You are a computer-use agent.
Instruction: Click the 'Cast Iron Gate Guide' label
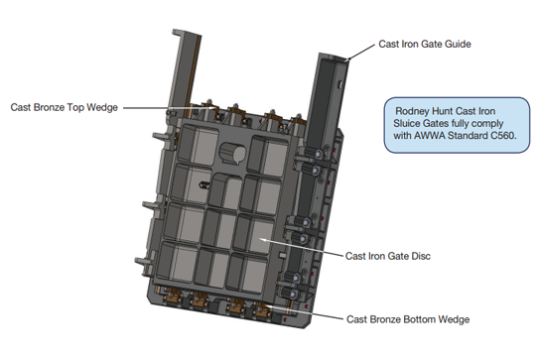pos(425,44)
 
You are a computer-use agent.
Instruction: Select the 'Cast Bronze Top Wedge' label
pos(65,107)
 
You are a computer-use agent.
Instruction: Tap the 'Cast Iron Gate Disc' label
pos(388,256)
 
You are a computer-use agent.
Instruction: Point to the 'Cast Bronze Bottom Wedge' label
pos(408,319)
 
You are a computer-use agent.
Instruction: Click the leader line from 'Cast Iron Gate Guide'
pos(360,53)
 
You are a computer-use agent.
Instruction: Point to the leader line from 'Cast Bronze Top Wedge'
pos(170,108)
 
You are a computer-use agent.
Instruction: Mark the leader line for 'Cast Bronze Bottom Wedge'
pos(304,311)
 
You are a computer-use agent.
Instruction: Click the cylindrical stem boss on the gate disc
pos(232,153)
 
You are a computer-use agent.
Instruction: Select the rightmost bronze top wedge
pos(298,121)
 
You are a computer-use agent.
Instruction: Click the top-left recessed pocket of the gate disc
pos(199,145)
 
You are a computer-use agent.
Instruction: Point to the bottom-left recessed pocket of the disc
pos(178,262)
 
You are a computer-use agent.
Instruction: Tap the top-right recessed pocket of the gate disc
pos(268,155)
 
